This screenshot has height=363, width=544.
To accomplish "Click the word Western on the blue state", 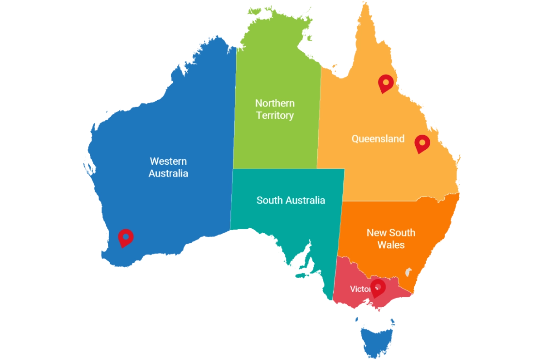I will pyautogui.click(x=168, y=161).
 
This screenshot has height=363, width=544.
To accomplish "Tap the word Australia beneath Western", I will pyautogui.click(x=168, y=173).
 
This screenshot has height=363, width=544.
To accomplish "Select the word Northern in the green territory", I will pyautogui.click(x=275, y=103).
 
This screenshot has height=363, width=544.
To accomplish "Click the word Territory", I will pyautogui.click(x=275, y=115).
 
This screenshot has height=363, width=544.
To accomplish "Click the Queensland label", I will pyautogui.click(x=378, y=138).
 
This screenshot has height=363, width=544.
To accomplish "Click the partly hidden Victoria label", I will pyautogui.click(x=361, y=289).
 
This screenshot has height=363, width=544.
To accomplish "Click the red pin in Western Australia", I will pyautogui.click(x=126, y=237).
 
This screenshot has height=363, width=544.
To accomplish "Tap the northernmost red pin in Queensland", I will pyautogui.click(x=385, y=83).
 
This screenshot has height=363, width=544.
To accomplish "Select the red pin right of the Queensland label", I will pyautogui.click(x=422, y=143).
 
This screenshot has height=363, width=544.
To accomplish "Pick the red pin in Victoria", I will pyautogui.click(x=377, y=287).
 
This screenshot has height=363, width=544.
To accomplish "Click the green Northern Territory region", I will pyautogui.click(x=277, y=141).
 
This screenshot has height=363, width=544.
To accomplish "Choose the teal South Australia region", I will pyautogui.click(x=290, y=227).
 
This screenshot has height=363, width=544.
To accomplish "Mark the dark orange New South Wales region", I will pyautogui.click(x=390, y=263).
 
